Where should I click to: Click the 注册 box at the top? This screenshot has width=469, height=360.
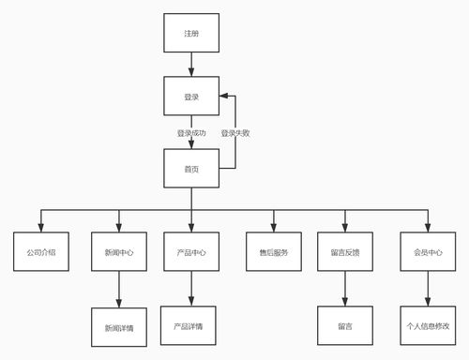(191, 33)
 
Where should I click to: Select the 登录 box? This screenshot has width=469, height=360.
(191, 97)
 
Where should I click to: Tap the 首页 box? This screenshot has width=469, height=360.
(191, 168)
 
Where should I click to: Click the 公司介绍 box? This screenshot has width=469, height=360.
(40, 252)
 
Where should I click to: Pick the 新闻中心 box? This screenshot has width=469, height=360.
(118, 252)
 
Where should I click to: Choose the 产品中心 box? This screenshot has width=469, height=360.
(191, 252)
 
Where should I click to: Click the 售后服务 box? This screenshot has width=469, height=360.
(274, 252)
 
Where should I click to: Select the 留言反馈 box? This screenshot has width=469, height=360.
(345, 252)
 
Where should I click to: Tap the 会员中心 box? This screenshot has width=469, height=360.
(428, 252)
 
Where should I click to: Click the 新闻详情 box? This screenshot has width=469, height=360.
(118, 327)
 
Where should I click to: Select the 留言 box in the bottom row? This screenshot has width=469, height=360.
(345, 326)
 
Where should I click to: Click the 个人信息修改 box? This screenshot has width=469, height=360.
(428, 326)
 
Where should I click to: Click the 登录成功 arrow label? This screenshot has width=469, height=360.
(191, 133)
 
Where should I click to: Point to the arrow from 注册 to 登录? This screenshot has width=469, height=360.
(191, 65)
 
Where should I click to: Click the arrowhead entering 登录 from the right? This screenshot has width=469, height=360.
(224, 97)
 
